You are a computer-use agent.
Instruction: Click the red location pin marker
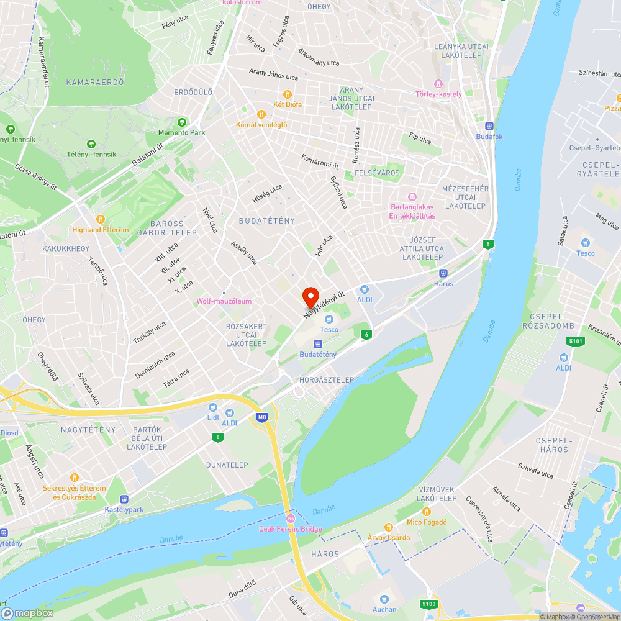[310, 297]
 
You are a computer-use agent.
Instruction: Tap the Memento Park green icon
[181, 122]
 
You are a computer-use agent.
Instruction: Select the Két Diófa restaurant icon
[288, 94]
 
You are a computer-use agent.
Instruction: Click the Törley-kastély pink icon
[438, 84]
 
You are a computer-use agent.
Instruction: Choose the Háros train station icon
[443, 273]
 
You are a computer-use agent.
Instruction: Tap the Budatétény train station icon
[318, 344]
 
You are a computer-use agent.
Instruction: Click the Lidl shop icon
[213, 407]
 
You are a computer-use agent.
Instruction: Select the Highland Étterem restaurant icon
[101, 219]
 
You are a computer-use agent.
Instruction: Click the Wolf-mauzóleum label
[224, 301]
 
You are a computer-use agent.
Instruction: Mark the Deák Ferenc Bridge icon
[290, 519]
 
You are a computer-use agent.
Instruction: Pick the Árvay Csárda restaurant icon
[389, 527]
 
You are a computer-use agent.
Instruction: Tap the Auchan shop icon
[385, 599]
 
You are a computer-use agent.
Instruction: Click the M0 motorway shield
[262, 418]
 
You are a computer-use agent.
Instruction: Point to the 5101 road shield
[576, 341]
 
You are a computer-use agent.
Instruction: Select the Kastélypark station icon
[124, 499]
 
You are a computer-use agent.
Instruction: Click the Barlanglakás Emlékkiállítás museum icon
[412, 197]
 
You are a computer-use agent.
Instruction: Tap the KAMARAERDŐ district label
[95, 82]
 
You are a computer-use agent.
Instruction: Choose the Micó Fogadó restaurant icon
[427, 512]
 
